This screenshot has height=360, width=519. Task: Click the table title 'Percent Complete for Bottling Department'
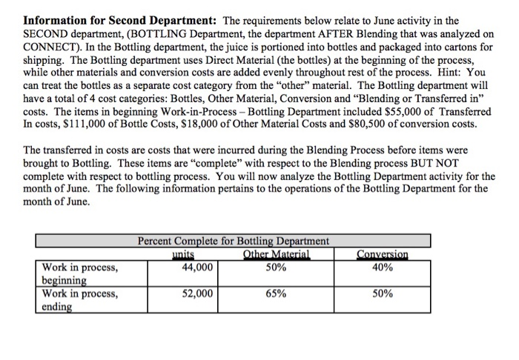click(234, 241)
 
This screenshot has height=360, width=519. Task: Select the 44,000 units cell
click(197, 267)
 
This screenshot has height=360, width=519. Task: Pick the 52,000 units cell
click(197, 294)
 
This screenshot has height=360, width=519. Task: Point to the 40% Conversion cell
click(383, 267)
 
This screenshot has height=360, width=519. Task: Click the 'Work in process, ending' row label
click(79, 300)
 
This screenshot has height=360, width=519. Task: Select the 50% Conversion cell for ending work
click(383, 294)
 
